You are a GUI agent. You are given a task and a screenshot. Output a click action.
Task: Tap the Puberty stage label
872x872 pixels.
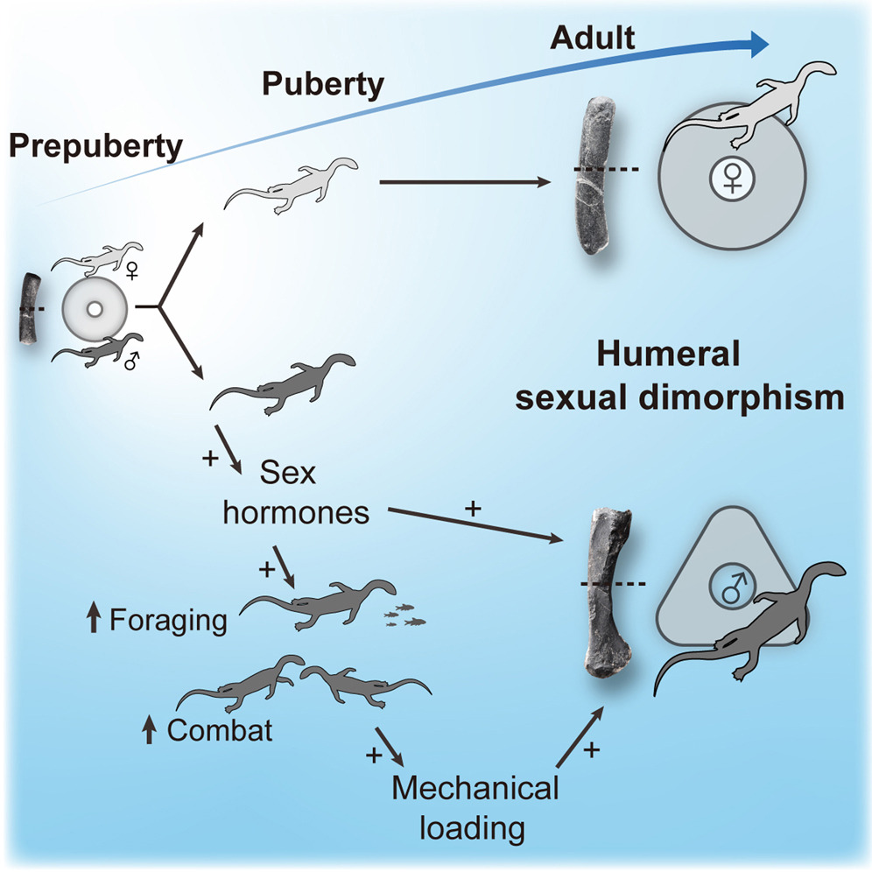coord(324,85)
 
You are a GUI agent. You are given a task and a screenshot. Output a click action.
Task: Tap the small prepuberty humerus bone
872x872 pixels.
coord(28,309)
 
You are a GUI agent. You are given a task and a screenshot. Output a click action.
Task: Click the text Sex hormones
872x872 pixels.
coord(295,495)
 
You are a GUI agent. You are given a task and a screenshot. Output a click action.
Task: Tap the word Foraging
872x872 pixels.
coord(168,621)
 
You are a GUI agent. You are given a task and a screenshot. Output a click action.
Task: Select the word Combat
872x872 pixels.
coord(220,730)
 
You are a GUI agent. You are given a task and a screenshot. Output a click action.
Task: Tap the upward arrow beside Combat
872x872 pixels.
coord(149,730)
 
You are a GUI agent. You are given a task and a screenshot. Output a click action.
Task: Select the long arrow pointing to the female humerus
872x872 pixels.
coord(464,183)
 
